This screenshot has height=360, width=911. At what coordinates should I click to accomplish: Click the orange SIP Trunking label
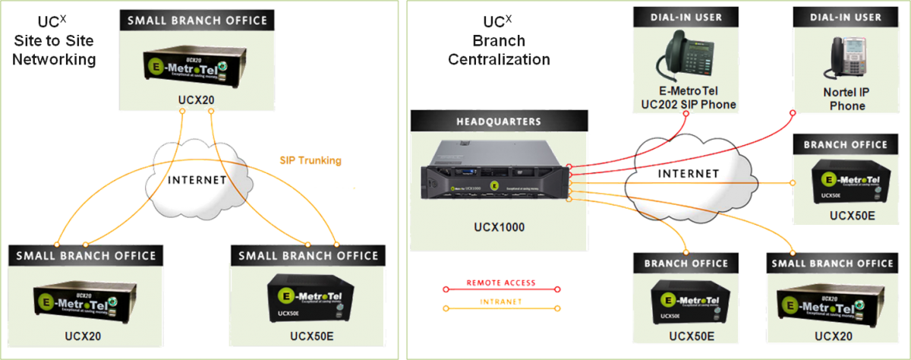click(310, 161)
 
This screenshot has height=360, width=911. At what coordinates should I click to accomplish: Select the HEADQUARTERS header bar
click(499, 121)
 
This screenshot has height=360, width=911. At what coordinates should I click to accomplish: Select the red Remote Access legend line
click(501, 288)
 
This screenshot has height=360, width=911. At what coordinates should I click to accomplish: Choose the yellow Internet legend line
click(501, 308)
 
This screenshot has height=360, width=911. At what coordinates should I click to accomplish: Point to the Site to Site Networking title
click(54, 49)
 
